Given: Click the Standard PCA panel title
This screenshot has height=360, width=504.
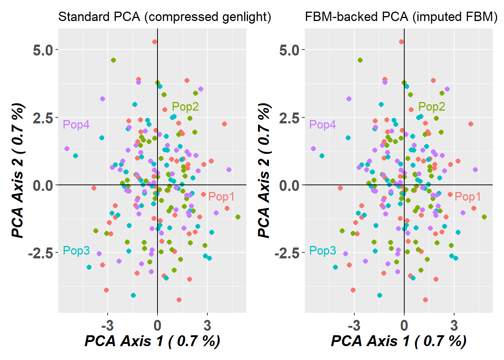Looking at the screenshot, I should point(164,17).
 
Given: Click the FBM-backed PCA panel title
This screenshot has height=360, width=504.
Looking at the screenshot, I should point(401,17).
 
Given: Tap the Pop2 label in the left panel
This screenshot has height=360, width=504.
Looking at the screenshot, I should point(185,106).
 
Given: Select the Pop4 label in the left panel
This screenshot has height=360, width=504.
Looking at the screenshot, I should point(76,124).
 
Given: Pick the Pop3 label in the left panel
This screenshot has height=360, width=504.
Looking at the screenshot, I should point(76,250).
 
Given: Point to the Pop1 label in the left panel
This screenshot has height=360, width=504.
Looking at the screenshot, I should point(221,196).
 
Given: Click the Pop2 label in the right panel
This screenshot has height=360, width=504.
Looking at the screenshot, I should point(432,106).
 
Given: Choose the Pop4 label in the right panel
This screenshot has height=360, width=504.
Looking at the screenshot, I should point(322,124).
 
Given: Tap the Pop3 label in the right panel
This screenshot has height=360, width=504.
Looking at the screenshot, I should point(322,250).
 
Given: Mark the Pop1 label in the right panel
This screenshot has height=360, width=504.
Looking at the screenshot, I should point(468,196).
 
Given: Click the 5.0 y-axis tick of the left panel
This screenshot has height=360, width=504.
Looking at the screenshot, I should point(43,50).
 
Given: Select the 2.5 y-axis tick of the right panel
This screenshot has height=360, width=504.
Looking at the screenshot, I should point(289,118).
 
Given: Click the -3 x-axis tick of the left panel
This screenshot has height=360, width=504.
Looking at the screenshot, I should point(108,325).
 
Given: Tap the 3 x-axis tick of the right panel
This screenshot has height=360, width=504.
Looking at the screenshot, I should point(454,325).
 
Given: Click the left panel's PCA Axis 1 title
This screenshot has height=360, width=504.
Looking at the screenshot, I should point(152,341).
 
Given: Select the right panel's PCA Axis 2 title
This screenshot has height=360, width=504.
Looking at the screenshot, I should point(265,171).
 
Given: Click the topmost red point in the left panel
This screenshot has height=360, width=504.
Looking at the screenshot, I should point(154,42).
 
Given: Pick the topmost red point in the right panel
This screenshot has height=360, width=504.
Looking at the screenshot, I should point(401,42).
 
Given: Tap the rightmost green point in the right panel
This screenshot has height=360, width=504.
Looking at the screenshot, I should point(484,217).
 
